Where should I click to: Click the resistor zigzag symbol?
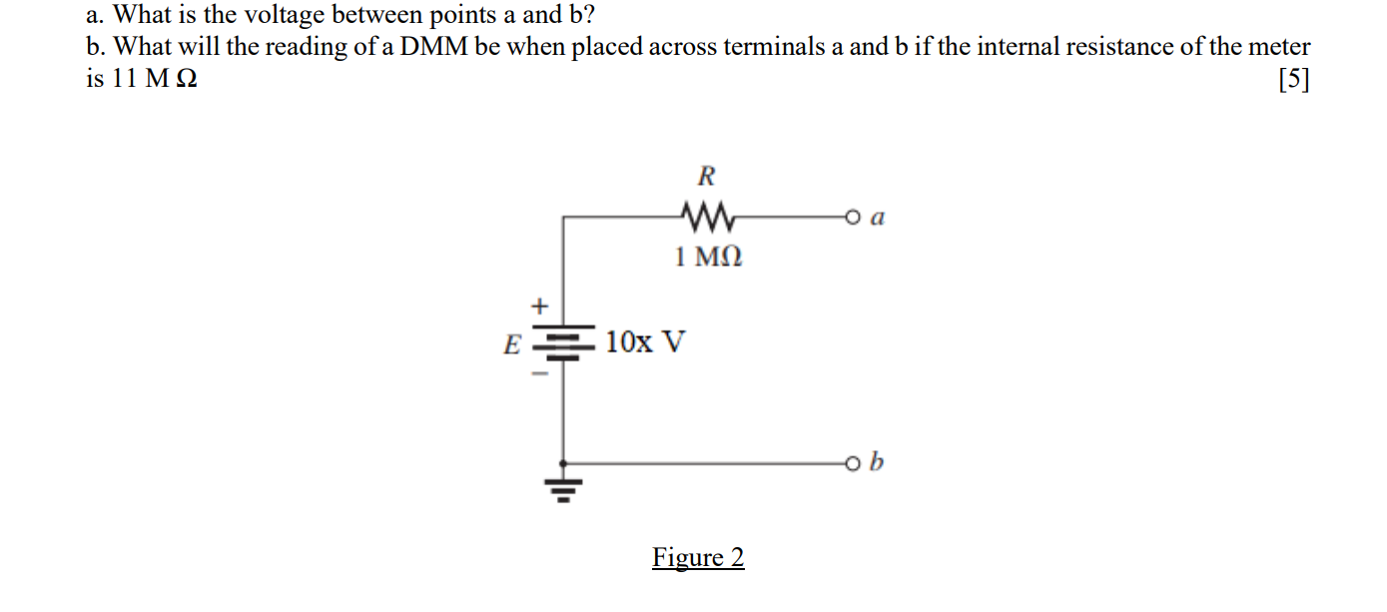706,215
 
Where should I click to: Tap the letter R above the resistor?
706,178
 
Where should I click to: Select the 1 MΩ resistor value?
708,258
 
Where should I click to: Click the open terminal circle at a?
852,216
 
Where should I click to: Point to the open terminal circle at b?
852,463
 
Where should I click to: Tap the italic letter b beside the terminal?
878,462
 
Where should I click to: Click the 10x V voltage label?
645,342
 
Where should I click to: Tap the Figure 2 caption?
698,557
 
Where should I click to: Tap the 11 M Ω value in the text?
155,80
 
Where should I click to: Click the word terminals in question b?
777,47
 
